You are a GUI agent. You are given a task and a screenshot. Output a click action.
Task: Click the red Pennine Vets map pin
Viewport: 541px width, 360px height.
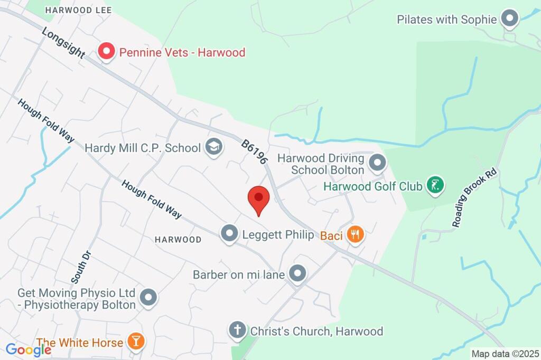107,52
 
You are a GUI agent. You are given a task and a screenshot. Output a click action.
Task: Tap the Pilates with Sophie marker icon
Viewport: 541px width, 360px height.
509,18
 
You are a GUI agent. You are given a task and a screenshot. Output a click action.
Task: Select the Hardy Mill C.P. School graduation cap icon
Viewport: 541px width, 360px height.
213,147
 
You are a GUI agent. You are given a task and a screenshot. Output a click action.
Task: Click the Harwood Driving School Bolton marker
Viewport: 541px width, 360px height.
377,163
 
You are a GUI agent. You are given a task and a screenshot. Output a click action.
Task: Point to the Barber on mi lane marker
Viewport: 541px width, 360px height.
298,274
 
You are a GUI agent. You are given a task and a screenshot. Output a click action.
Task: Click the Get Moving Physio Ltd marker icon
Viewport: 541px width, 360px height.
148,297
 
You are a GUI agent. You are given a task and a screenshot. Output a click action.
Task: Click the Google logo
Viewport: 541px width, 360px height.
28,349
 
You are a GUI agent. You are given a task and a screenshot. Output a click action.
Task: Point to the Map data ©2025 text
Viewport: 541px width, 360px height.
505,354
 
